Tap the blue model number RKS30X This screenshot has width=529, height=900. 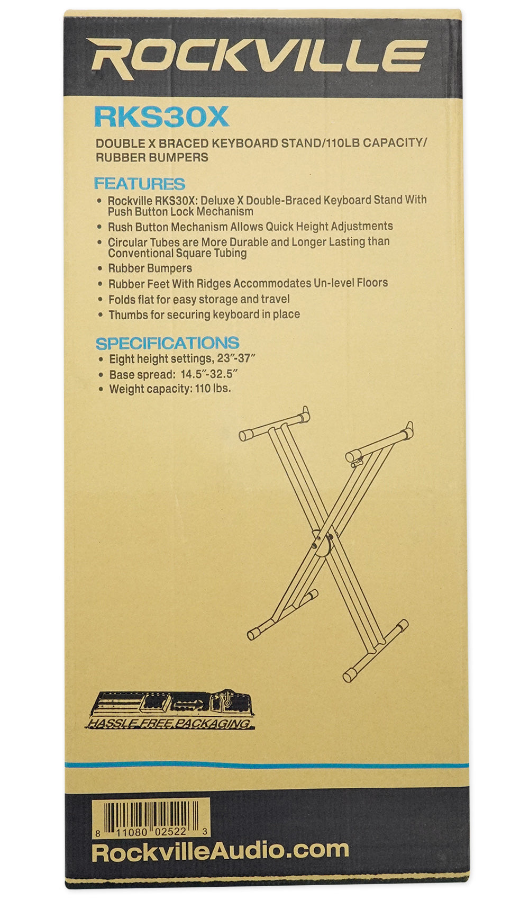point(161,117)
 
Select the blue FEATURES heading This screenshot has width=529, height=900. point(139,184)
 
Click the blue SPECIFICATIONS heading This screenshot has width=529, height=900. point(167,343)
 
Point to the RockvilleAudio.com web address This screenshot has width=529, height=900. point(220,850)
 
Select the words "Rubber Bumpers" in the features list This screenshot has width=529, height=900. point(150,268)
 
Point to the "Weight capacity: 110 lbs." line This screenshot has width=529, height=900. point(170,389)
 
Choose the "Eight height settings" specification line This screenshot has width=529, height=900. point(183,359)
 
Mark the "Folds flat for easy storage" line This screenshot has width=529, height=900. point(199,299)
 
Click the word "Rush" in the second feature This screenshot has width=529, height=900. point(120,227)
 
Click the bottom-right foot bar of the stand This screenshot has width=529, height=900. point(376,651)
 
